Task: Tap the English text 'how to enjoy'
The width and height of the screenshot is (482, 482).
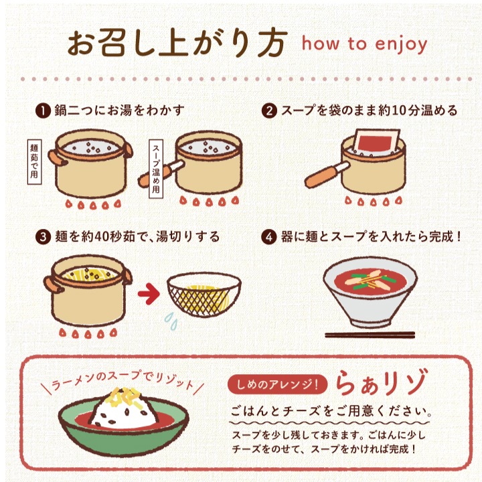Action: [364, 44]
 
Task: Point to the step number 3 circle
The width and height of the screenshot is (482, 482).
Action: [43, 238]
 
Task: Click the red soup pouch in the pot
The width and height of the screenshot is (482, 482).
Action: [376, 146]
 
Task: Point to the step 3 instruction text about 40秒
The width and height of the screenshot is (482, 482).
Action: [137, 238]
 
